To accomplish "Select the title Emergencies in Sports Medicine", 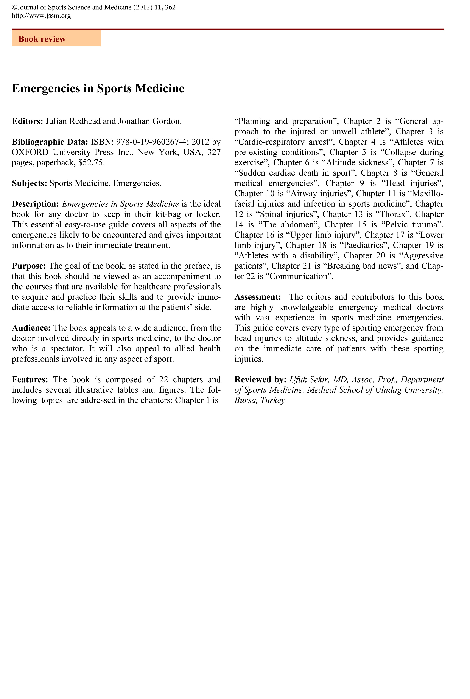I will pyautogui.click(x=98, y=88).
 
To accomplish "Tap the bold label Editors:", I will pyautogui.click(x=28, y=121).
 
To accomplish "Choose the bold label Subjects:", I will pyautogui.click(x=29, y=183).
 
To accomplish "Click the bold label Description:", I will pyautogui.click(x=36, y=204).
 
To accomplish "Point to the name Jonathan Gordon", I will pyautogui.click(x=149, y=121).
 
